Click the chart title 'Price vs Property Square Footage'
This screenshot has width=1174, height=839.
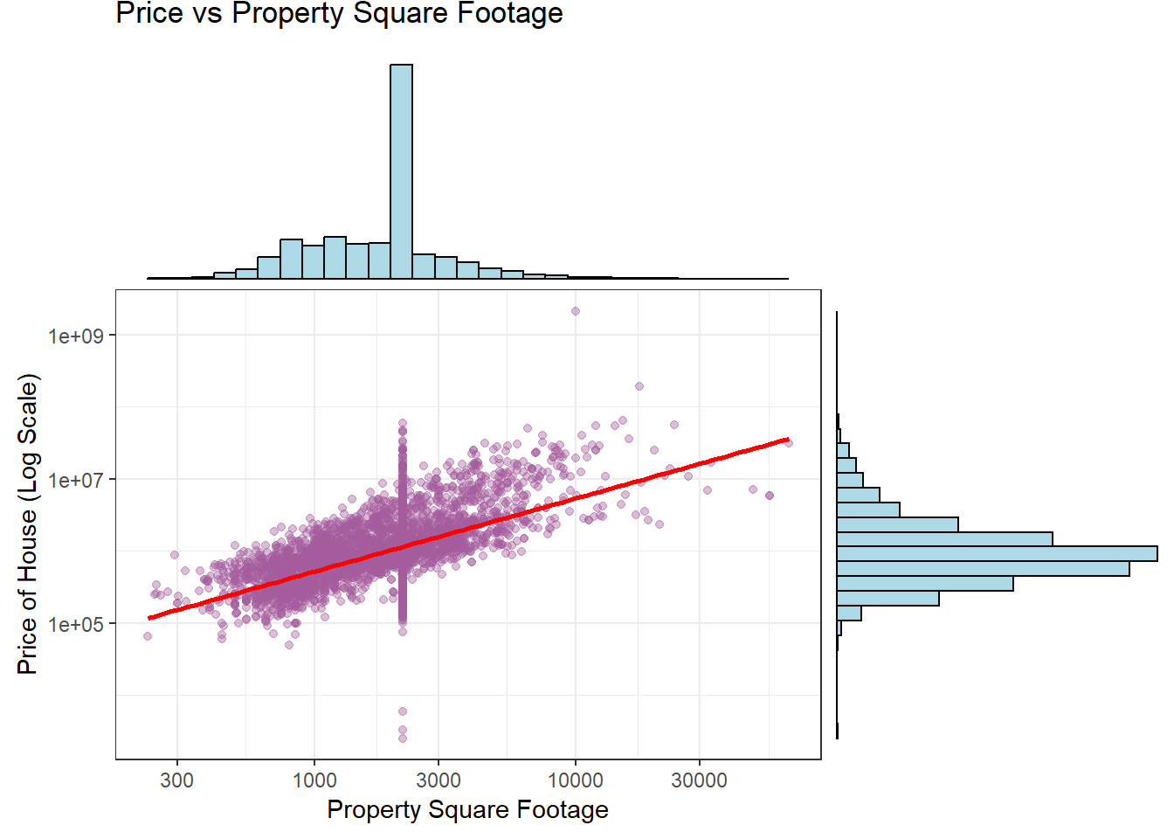pos(339,14)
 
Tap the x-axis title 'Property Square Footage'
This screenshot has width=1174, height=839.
pos(467,810)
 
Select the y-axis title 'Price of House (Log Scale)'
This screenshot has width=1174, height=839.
pos(28,524)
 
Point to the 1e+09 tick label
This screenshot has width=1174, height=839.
pos(75,336)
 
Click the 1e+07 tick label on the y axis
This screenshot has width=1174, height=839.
pos(75,480)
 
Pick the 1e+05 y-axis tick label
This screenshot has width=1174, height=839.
pos(75,624)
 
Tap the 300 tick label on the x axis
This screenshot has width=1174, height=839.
pos(176,780)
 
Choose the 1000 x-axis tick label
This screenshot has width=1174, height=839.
pos(314,780)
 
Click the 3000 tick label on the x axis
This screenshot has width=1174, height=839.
pos(439,780)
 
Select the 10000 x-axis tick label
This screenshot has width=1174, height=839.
pos(575,780)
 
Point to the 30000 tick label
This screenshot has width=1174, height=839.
pos(699,780)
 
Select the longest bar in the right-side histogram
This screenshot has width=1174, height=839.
pos(997,553)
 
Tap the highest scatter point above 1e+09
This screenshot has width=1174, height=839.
pos(575,311)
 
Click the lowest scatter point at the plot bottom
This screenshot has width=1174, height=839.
pos(403,738)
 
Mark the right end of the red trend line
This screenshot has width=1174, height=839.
pos(788,440)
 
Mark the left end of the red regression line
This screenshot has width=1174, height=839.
pos(149,618)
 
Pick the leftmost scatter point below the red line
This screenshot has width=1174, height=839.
pos(148,636)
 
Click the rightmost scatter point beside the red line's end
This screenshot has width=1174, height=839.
pos(789,443)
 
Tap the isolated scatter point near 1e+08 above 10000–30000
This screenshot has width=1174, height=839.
pos(639,386)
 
